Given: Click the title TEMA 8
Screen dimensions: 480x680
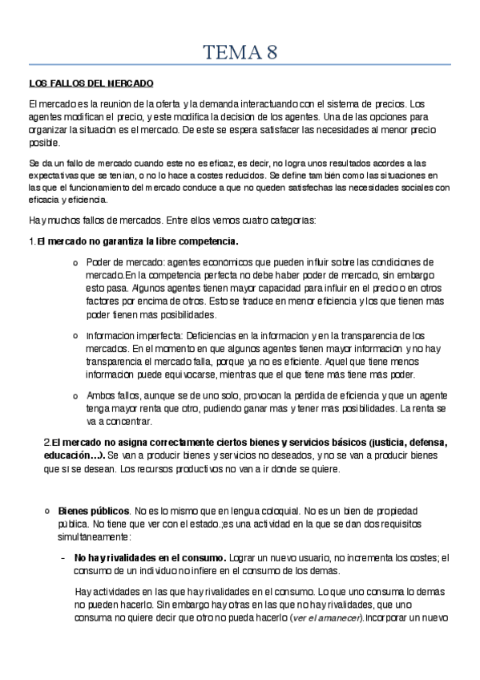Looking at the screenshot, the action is click(240, 53).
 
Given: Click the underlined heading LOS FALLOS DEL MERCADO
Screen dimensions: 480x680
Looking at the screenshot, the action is click(91, 83).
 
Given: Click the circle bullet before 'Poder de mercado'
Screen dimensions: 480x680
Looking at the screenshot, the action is click(75, 263).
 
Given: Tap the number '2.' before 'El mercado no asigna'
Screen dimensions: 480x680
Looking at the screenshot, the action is click(46, 443).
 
